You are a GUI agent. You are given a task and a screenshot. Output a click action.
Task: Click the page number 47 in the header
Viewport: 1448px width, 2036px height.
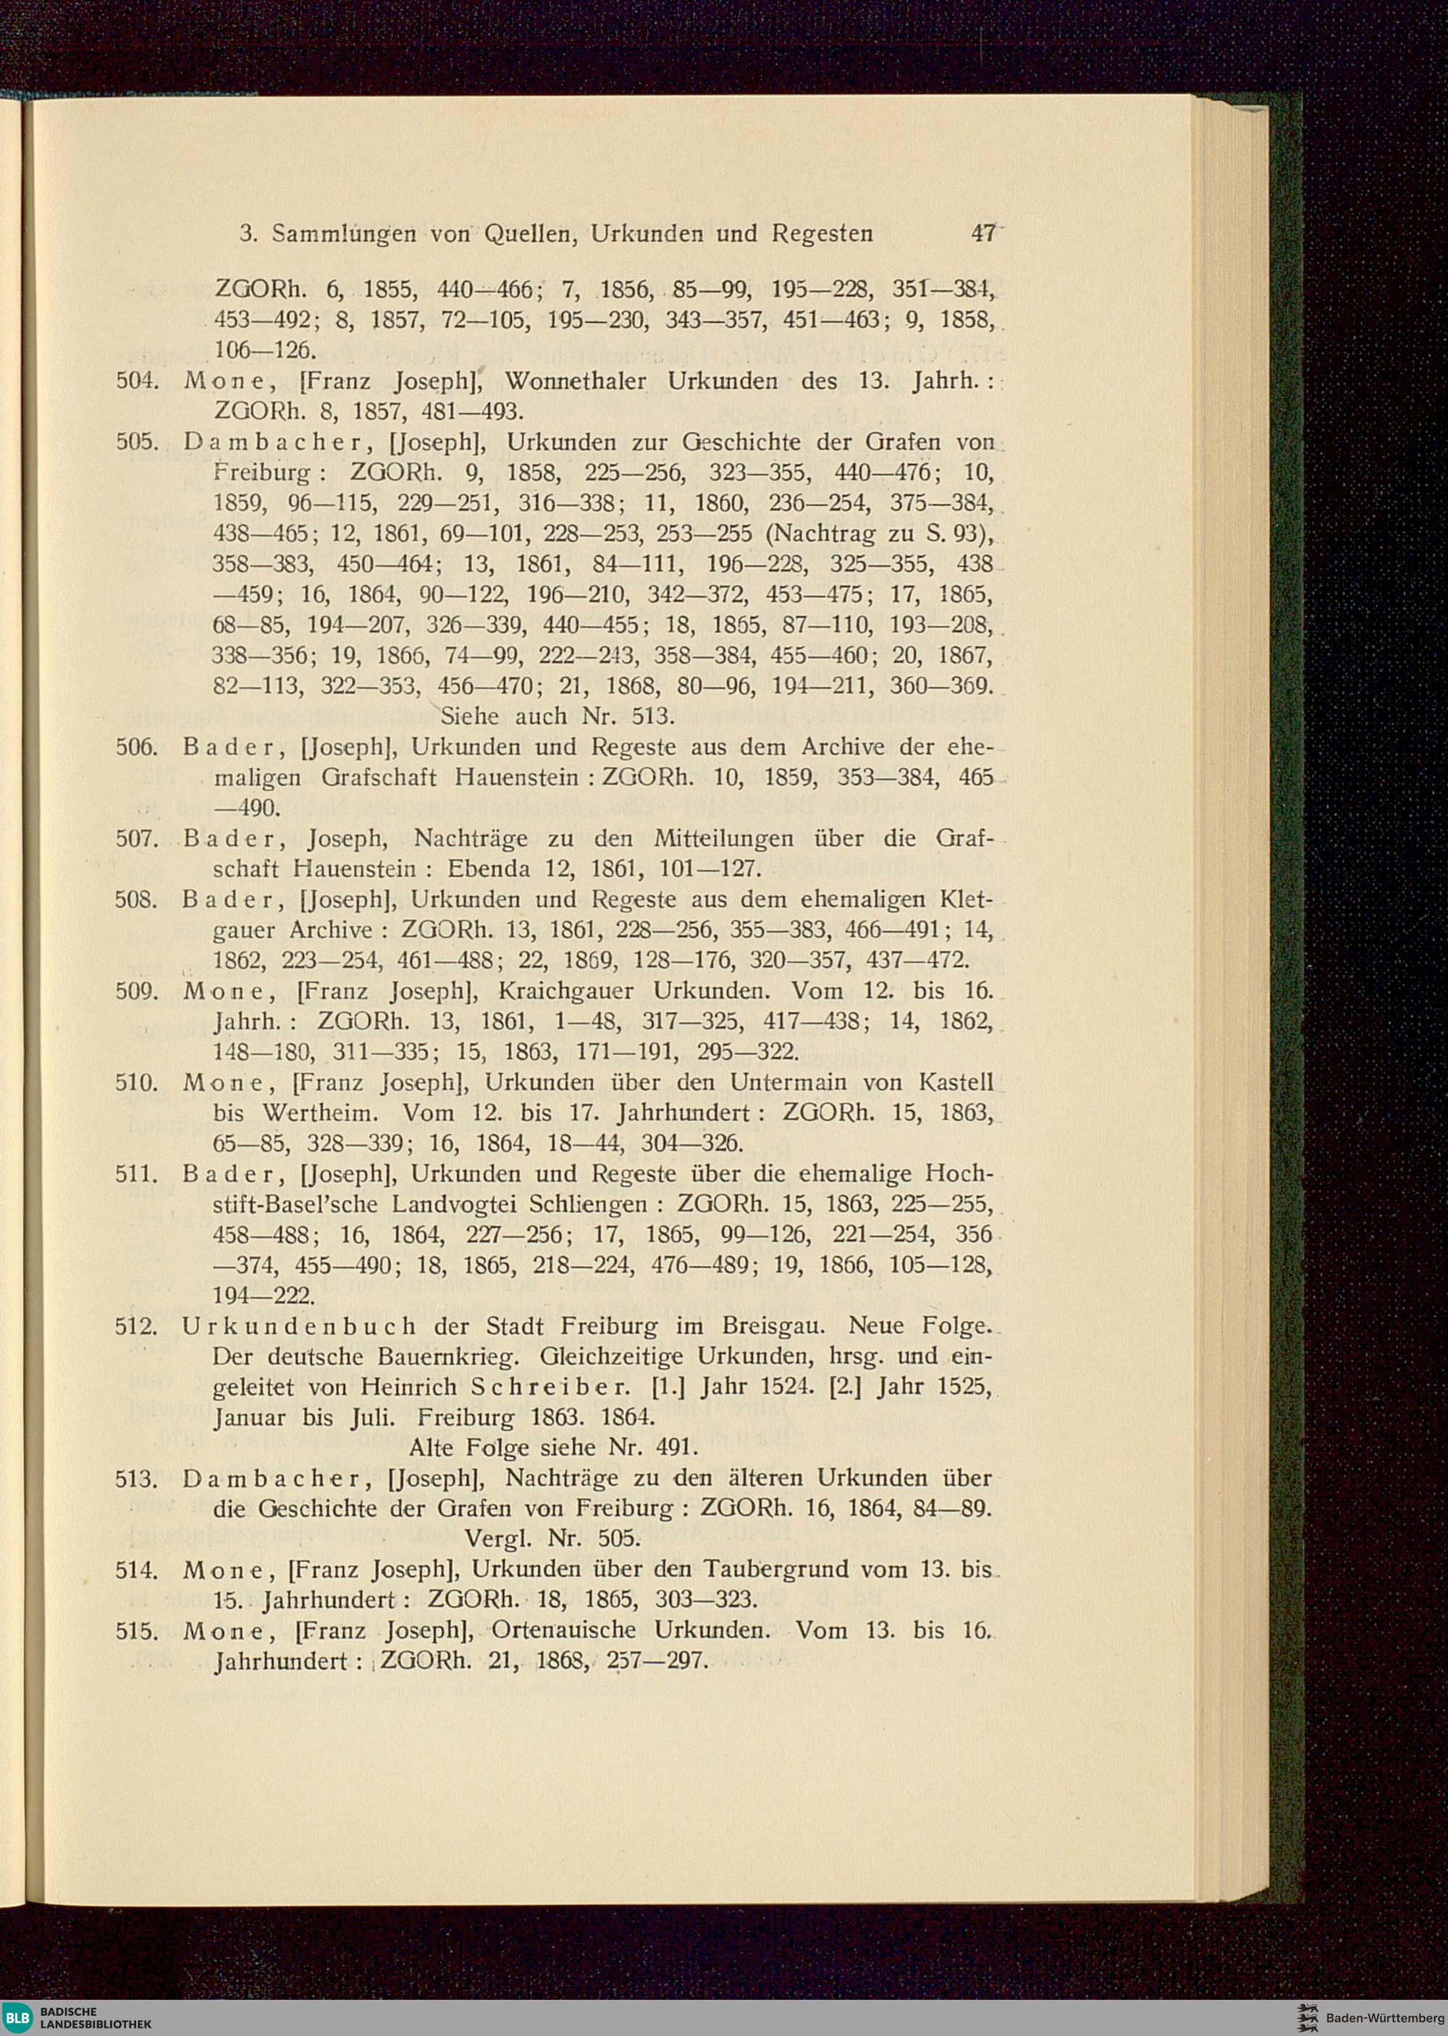(983, 234)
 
